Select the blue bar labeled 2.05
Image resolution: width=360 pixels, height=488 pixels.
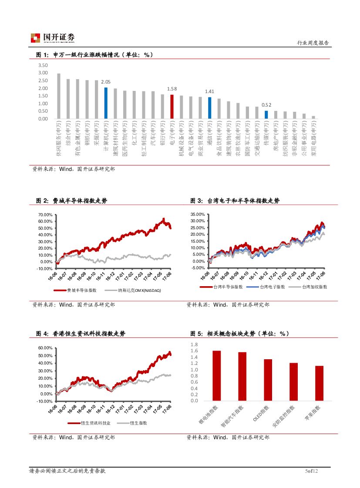(x=106, y=103)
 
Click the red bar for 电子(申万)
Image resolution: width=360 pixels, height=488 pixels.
(x=172, y=107)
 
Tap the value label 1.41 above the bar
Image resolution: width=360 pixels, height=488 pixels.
(x=209, y=92)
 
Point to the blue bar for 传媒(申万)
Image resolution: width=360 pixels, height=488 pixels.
(x=266, y=114)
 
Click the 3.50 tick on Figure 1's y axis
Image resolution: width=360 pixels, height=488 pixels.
(x=43, y=65)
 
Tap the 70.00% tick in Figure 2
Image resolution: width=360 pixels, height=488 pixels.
(x=45, y=215)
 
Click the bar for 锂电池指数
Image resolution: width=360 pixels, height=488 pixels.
(x=217, y=375)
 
